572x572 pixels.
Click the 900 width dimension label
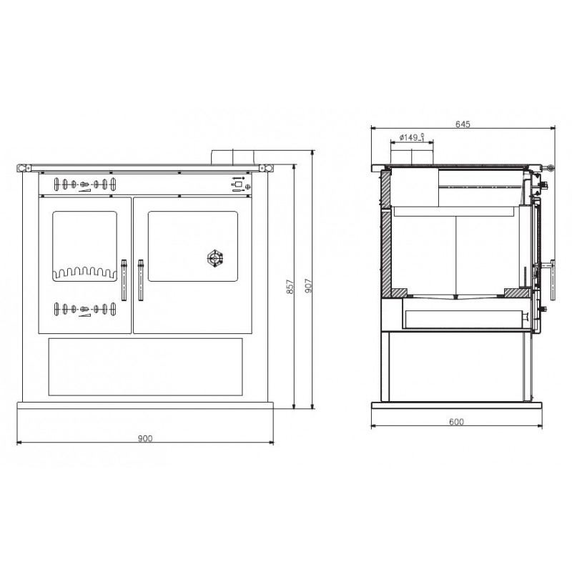145,438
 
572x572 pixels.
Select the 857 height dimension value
290,287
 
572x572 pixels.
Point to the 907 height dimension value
308,286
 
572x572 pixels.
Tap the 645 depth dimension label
463,124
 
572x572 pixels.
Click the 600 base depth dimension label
456,422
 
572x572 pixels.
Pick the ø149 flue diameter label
412,137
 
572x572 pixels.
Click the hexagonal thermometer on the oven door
215,259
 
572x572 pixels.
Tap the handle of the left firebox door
124,280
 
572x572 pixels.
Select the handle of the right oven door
140,280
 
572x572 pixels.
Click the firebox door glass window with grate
84,246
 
